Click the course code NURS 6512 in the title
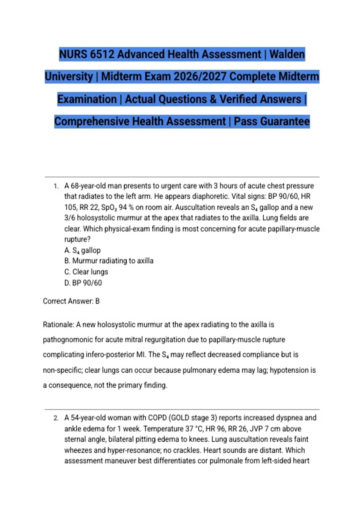pyautogui.click(x=86, y=54)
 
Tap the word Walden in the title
pyautogui.click(x=287, y=54)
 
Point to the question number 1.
pyautogui.click(x=56, y=186)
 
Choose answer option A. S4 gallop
pyautogui.click(x=82, y=250)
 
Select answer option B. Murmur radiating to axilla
pyautogui.click(x=109, y=261)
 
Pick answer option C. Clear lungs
pyautogui.click(x=86, y=272)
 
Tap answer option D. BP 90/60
pyautogui.click(x=83, y=283)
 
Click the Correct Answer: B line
pyautogui.click(x=71, y=301)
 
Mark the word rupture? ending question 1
pyautogui.click(x=77, y=239)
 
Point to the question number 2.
pyautogui.click(x=56, y=418)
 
